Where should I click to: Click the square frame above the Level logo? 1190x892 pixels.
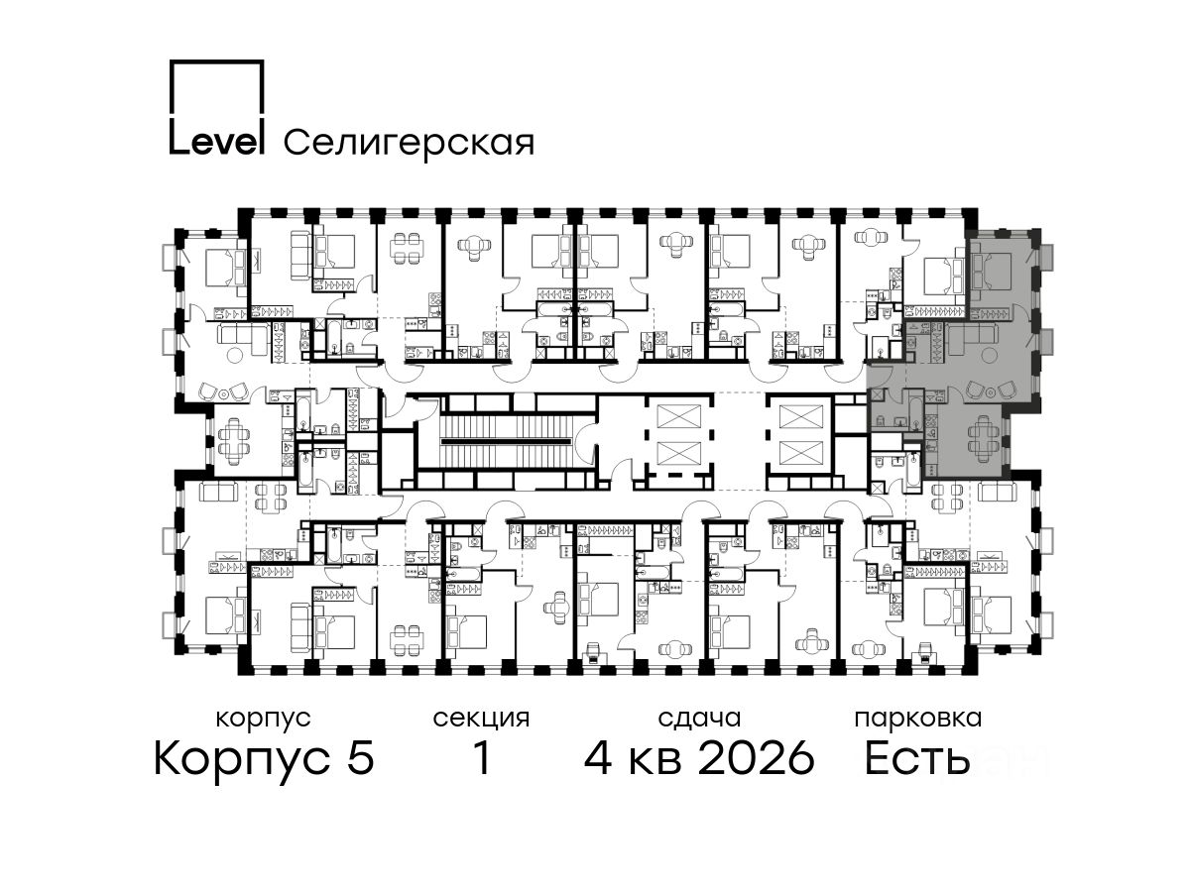[x=216, y=61]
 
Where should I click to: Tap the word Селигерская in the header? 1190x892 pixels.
[x=409, y=143]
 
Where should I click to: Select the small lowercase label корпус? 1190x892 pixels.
[x=263, y=719]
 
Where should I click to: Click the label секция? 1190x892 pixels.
[x=481, y=719]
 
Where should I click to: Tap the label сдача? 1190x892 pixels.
[x=699, y=719]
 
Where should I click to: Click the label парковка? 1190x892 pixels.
[x=918, y=719]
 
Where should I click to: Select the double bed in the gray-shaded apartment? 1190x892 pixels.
[x=991, y=272]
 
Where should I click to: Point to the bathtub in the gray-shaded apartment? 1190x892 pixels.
[x=914, y=409]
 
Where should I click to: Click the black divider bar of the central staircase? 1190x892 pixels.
[x=506, y=442]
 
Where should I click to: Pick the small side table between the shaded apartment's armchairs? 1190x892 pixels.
[x=991, y=392]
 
